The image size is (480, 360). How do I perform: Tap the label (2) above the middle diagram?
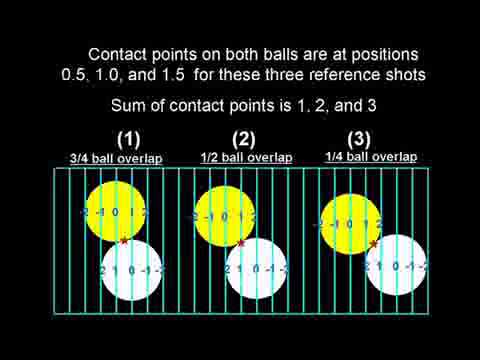tap(244, 140)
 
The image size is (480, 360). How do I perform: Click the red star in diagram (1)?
tap(123, 240)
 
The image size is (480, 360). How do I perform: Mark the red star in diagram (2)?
tap(241, 242)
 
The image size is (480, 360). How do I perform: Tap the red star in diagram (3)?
tap(374, 243)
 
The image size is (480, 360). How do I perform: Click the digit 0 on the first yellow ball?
tap(115, 212)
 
